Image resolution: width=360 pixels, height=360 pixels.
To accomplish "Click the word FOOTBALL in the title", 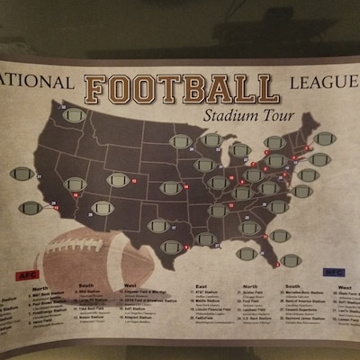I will pos(180,88).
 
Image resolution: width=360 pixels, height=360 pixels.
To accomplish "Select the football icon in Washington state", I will pos(75,116).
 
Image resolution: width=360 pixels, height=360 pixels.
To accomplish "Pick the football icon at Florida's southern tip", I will pos(291,259).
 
